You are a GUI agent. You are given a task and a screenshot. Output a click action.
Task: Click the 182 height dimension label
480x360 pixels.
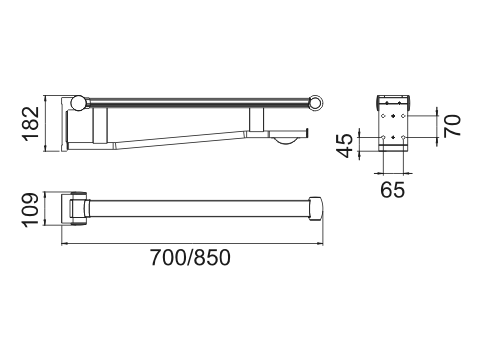[30, 124]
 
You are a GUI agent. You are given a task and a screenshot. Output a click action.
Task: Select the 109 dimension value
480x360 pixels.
[30, 210]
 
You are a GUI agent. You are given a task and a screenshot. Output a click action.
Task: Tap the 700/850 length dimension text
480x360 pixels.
[190, 258]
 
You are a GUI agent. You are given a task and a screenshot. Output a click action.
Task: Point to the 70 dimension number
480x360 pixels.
[452, 126]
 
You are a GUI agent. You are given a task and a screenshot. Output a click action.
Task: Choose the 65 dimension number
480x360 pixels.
[393, 190]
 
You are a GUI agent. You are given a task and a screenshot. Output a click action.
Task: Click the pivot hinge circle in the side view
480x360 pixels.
[79, 103]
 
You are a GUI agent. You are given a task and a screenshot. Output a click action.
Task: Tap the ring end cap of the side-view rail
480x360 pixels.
[315, 103]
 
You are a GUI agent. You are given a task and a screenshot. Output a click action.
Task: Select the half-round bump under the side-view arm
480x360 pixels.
[284, 141]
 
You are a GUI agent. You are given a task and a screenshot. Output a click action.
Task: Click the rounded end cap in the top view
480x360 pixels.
[316, 209]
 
